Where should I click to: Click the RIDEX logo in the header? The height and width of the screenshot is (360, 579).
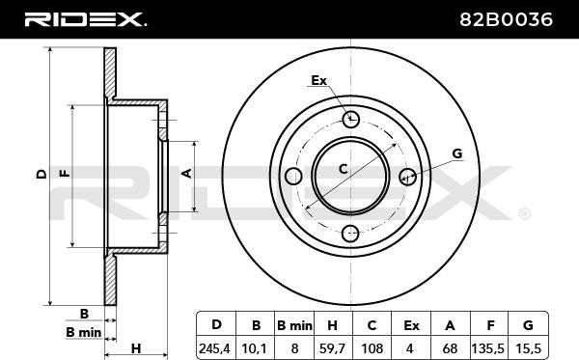coord(85,18)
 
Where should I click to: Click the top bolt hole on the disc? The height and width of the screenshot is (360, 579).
coord(351,119)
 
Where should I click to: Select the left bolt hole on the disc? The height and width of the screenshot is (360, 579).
coord(294,176)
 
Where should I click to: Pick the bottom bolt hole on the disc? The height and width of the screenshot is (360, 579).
coord(351,233)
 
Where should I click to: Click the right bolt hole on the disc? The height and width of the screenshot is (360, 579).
coord(407,176)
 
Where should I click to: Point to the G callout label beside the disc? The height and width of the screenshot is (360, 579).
coord(456,153)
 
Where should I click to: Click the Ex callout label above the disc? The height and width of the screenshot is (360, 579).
coord(319,80)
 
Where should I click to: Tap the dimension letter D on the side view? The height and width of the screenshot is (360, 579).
coord(40,175)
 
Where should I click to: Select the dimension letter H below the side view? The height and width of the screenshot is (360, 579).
coord(136,347)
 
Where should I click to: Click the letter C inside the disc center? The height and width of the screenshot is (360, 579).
coord(343,169)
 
